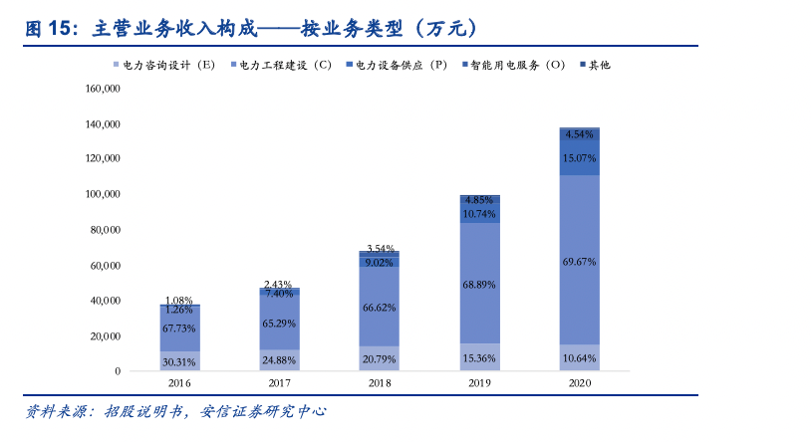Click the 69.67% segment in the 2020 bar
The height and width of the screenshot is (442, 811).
[579, 262]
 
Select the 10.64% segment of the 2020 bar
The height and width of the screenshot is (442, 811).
[579, 358]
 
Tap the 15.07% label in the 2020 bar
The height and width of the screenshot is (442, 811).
[579, 158]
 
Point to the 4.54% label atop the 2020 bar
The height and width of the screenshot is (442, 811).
[579, 133]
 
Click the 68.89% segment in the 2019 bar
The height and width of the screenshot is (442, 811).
[479, 285]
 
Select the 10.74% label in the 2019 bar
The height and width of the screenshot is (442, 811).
[479, 214]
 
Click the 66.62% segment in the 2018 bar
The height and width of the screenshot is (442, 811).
[380, 308]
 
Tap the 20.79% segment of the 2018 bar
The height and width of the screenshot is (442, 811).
[380, 358]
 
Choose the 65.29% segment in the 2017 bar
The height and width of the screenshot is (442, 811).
[279, 324]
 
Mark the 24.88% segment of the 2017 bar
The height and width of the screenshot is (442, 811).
[279, 359]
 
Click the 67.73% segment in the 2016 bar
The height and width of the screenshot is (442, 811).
[179, 328]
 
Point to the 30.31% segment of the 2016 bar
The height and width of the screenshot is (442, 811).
[179, 361]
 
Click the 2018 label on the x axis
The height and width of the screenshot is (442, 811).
[380, 383]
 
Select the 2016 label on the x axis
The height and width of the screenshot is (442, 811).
[179, 383]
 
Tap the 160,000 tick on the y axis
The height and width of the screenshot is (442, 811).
[104, 89]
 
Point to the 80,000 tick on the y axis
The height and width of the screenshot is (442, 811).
[106, 230]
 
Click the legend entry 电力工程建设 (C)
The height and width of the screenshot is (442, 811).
[285, 65]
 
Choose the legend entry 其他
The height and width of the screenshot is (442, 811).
[599, 65]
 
